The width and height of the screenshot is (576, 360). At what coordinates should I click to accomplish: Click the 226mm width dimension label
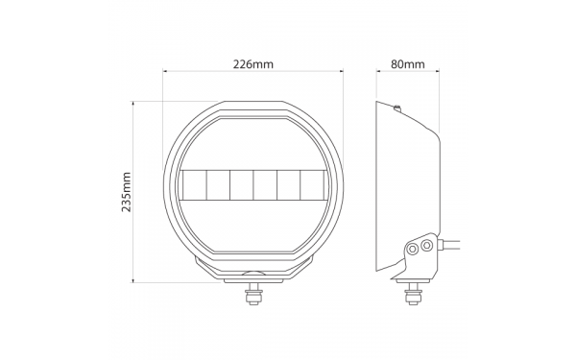coord(253,64)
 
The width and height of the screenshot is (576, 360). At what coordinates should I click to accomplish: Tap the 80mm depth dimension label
coord(407,64)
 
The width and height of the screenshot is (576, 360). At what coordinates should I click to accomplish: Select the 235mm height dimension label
coord(127,192)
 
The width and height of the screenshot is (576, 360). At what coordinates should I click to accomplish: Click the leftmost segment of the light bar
coord(194,185)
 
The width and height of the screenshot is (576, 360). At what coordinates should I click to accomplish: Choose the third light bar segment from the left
coord(241,185)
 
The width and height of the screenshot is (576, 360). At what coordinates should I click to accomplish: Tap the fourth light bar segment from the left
coord(265,185)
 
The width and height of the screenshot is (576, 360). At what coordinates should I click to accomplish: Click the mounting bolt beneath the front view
coord(253,294)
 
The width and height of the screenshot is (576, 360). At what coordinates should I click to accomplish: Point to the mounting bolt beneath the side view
coord(414,294)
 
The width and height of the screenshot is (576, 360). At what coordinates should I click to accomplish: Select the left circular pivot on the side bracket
coord(413,249)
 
